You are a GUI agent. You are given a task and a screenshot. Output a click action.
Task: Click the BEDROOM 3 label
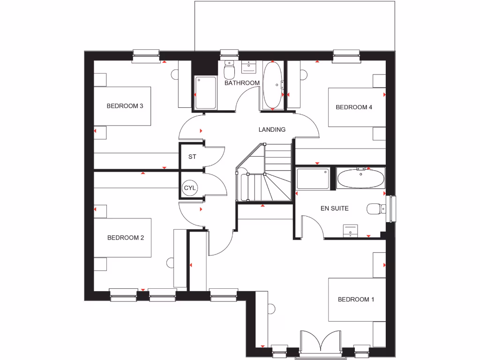(x=125, y=106)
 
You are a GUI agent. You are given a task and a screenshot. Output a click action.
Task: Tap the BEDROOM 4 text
(x=354, y=107)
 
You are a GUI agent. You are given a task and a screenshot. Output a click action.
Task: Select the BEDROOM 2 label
(x=125, y=238)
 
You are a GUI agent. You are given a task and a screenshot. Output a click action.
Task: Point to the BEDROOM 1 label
(x=356, y=300)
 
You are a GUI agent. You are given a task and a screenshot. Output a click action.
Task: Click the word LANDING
(x=272, y=130)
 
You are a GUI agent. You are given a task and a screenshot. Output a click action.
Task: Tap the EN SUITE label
(x=334, y=208)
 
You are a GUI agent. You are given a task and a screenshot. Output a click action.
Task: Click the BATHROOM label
(x=241, y=83)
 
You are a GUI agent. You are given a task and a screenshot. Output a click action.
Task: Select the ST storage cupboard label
(x=192, y=157)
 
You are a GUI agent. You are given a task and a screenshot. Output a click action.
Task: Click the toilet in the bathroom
(x=229, y=71)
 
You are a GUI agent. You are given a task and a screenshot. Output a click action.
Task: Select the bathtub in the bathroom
(x=272, y=85)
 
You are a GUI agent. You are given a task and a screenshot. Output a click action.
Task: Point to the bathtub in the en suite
(x=360, y=179)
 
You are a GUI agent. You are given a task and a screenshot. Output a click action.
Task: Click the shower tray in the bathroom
(x=205, y=93)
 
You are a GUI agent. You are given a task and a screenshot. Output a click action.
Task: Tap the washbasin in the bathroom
(x=248, y=67)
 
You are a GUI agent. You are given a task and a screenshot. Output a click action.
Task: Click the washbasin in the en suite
(x=351, y=230)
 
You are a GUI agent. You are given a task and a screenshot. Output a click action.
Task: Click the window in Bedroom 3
(x=146, y=55)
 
